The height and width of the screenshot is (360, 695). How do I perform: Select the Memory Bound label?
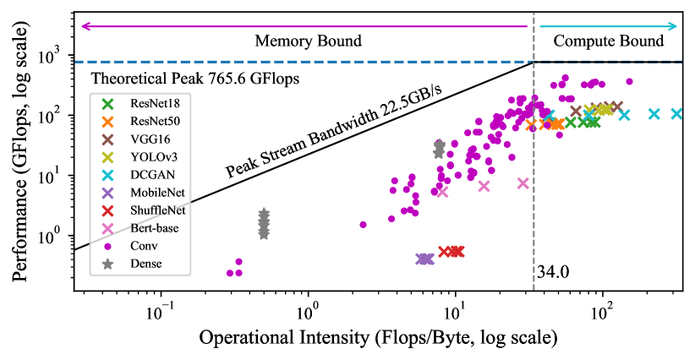click(308, 41)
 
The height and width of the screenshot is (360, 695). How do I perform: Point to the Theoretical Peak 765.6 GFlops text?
click(197, 79)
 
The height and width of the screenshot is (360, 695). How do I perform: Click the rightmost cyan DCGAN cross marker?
click(677, 113)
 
